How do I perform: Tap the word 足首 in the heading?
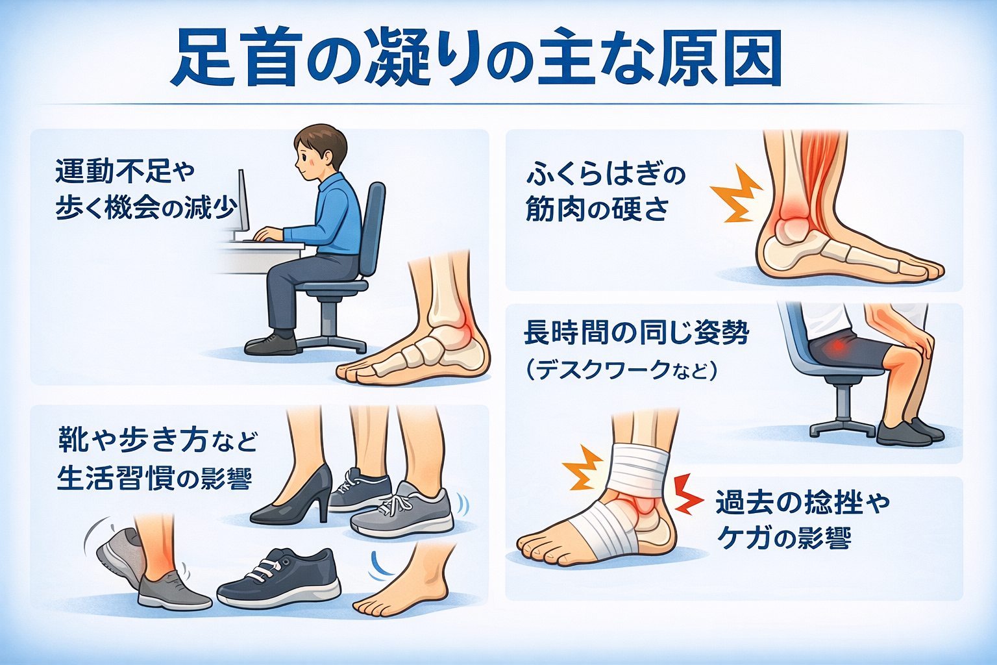(236, 58)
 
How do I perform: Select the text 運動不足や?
(125, 171)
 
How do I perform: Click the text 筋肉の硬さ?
(597, 208)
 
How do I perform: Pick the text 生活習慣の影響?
(154, 478)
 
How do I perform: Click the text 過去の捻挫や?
(802, 503)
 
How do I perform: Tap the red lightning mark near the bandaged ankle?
(687, 494)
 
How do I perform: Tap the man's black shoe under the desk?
(271, 344)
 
